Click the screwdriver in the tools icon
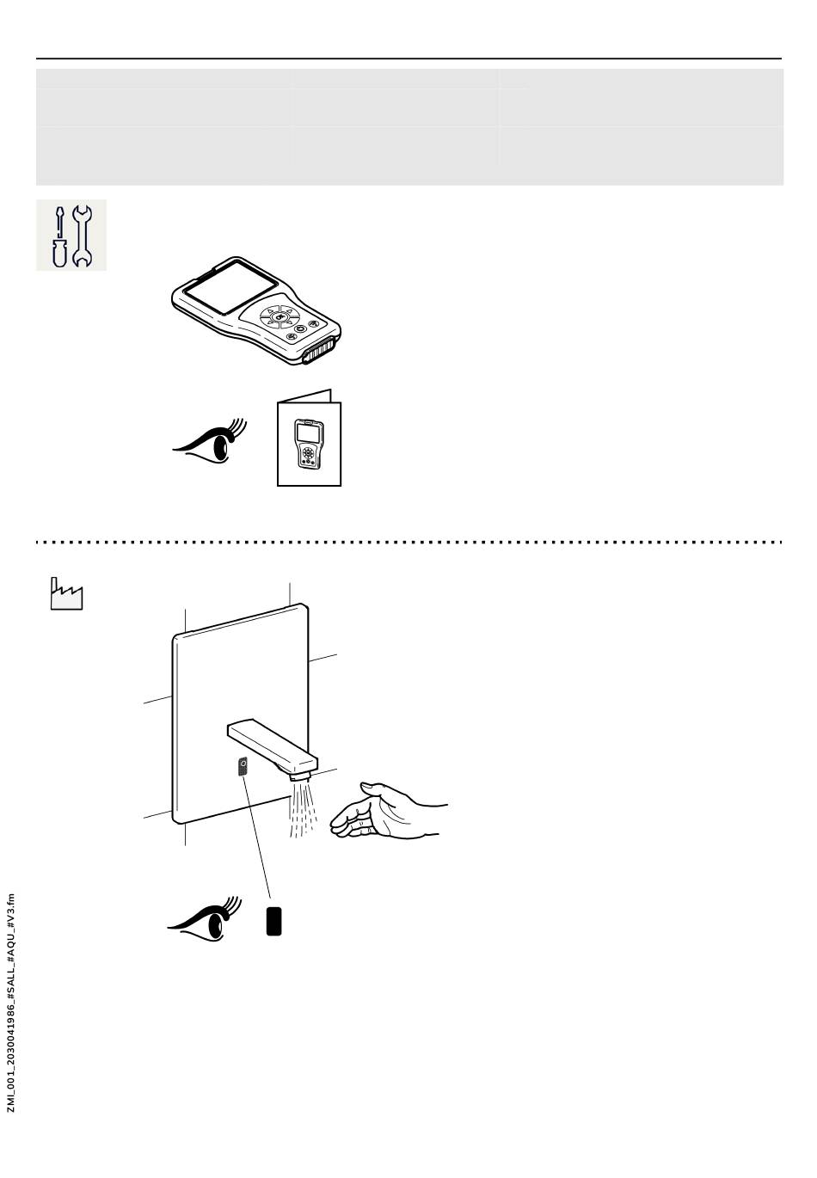tap(58, 236)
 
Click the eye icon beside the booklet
tap(211, 442)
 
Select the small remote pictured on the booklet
tap(307, 444)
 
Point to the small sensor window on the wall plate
tap(243, 766)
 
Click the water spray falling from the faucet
tap(302, 810)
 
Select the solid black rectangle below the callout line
tap(274, 921)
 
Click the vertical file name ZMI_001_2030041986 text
tap(11, 1002)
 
